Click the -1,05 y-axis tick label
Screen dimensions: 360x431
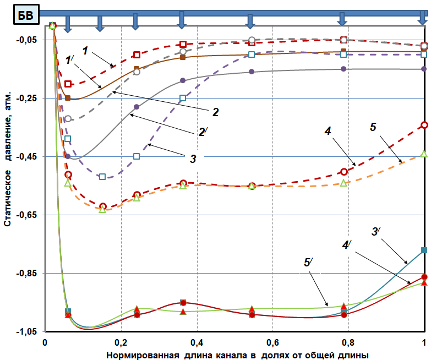tap(26, 332)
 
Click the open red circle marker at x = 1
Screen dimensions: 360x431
tap(424, 126)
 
